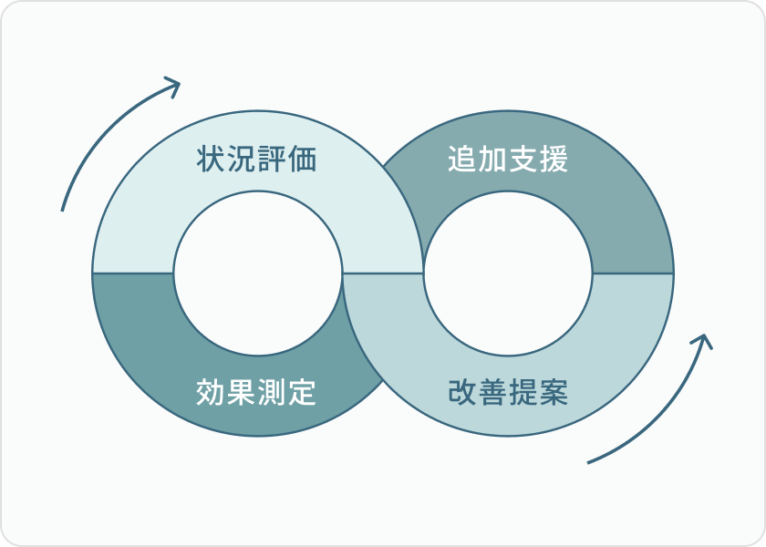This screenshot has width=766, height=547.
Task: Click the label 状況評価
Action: tap(257, 160)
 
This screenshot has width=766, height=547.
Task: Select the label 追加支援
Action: tap(508, 160)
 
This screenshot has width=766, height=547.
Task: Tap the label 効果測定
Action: tap(257, 392)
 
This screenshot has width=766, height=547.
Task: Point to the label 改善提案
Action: tap(508, 392)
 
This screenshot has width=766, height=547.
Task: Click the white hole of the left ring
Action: tap(258, 273)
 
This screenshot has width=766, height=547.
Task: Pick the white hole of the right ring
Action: tap(508, 273)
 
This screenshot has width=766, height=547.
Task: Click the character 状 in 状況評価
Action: tap(212, 160)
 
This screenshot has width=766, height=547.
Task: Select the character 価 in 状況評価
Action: tap(303, 160)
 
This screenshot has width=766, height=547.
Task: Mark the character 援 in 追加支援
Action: tap(554, 160)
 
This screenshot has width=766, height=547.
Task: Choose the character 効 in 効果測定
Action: tap(212, 392)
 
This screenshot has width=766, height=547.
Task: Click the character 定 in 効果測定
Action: tap(303, 392)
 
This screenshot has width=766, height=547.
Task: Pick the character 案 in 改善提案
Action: tap(554, 392)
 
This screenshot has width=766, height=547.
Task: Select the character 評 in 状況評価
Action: tap(273, 160)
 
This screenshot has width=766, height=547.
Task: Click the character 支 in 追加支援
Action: tap(523, 160)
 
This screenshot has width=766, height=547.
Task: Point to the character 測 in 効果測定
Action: tap(273, 392)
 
